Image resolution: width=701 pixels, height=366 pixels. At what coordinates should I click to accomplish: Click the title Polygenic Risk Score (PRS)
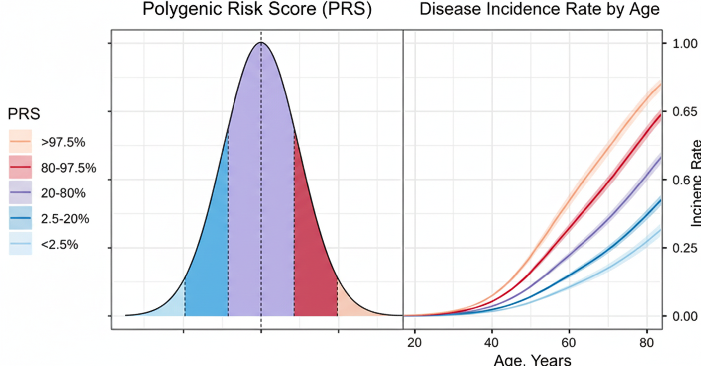pyautogui.click(x=257, y=10)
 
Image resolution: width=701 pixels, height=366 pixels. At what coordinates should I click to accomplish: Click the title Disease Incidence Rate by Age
pyautogui.click(x=540, y=10)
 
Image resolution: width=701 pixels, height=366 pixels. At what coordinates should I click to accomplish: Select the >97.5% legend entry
pyautogui.click(x=63, y=142)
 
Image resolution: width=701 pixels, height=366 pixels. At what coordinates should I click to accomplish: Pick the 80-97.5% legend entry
pyautogui.click(x=68, y=168)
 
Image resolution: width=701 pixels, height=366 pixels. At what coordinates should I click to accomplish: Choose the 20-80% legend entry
pyautogui.click(x=63, y=193)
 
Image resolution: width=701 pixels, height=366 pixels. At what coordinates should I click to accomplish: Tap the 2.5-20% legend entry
pyautogui.click(x=65, y=219)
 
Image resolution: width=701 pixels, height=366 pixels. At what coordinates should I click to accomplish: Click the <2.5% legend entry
pyautogui.click(x=60, y=245)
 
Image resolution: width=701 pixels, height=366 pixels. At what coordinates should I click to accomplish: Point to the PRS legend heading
pyautogui.click(x=24, y=114)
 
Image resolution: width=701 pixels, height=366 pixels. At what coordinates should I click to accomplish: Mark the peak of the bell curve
pyautogui.click(x=261, y=43)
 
